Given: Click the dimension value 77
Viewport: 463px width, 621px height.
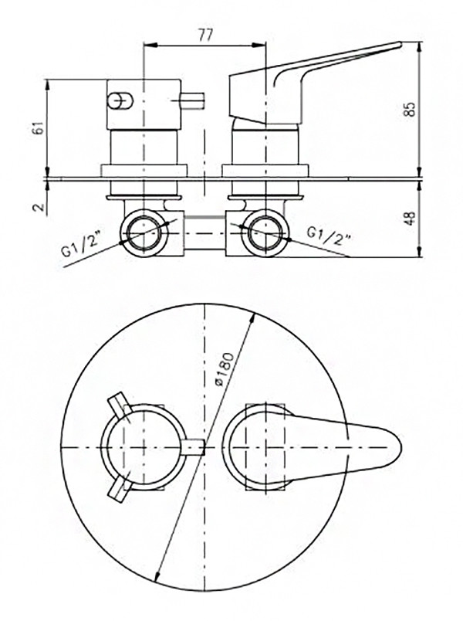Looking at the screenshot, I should click(204, 35).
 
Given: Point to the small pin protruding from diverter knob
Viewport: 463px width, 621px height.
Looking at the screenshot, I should click(192, 100).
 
